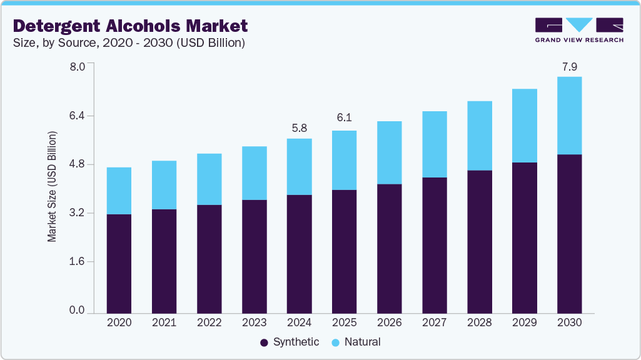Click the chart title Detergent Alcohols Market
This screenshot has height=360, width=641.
point(131,26)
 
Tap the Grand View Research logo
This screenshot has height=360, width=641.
point(578,30)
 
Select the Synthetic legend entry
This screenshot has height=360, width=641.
point(290,342)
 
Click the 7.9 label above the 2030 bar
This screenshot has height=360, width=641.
point(569,66)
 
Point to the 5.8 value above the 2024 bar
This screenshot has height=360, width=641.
point(299,128)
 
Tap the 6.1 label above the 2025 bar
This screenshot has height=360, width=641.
point(344,117)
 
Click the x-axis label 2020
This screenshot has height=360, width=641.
point(119,323)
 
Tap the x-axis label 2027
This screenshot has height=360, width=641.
point(434,323)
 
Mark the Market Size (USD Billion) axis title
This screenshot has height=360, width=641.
point(53,187)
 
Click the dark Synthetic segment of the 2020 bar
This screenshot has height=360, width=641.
point(119,262)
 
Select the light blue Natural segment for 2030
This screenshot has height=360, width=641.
point(569,116)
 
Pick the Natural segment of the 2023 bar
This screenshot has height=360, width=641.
point(254,173)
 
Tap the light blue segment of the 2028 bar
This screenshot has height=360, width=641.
point(479,136)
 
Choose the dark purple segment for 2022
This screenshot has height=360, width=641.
point(209,258)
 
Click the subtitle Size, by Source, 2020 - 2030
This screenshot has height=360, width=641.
point(129,43)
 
